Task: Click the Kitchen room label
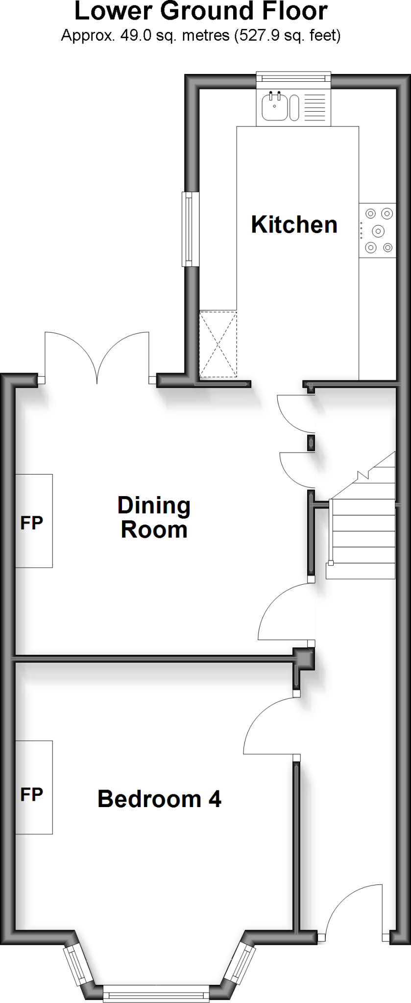(x=294, y=225)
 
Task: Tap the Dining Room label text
(x=154, y=517)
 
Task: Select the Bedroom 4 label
(x=159, y=799)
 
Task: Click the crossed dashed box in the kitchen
(x=218, y=344)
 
